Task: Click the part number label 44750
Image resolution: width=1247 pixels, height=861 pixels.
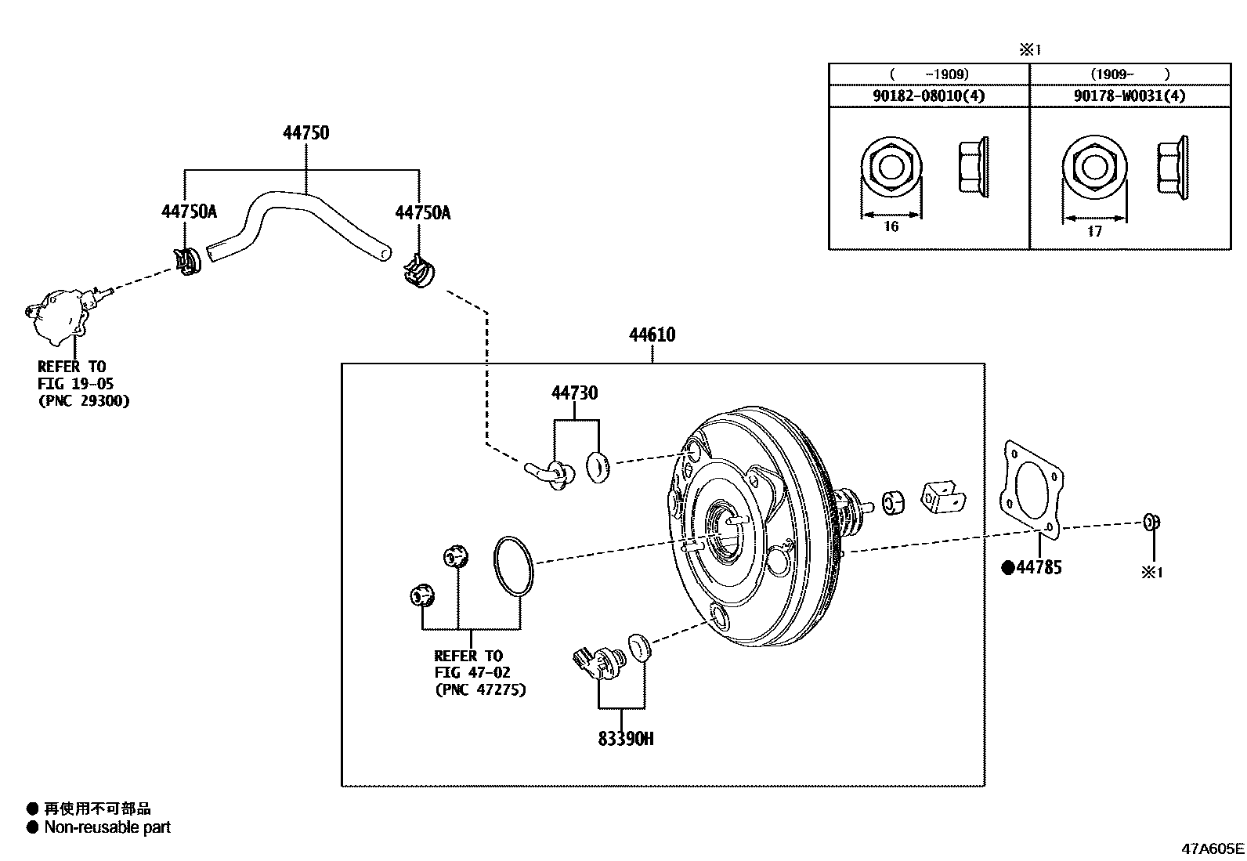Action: (x=305, y=133)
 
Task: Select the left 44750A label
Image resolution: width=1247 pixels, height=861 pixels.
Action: (x=189, y=212)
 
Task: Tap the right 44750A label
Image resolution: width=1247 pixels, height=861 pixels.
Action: (x=422, y=212)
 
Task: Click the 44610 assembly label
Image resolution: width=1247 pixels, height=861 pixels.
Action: (x=652, y=335)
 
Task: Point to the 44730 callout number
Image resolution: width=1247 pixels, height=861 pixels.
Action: (x=574, y=393)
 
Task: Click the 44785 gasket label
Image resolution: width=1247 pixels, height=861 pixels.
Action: (x=1039, y=567)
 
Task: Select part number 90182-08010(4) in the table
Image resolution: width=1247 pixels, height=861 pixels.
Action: (x=928, y=96)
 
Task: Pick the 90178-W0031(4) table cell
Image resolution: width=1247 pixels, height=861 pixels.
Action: (x=1130, y=96)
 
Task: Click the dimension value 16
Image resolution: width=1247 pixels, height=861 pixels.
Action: (x=891, y=227)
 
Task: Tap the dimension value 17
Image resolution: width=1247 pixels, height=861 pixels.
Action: (x=1094, y=232)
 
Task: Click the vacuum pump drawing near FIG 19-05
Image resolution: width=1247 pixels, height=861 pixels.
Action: (x=59, y=315)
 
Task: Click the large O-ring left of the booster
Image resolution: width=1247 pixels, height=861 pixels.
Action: (x=514, y=566)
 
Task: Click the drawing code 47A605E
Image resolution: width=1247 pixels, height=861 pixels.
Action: (x=1213, y=848)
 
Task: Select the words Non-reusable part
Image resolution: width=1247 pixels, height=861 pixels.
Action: (x=107, y=827)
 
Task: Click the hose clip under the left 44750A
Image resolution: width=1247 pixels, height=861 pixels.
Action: (x=187, y=262)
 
